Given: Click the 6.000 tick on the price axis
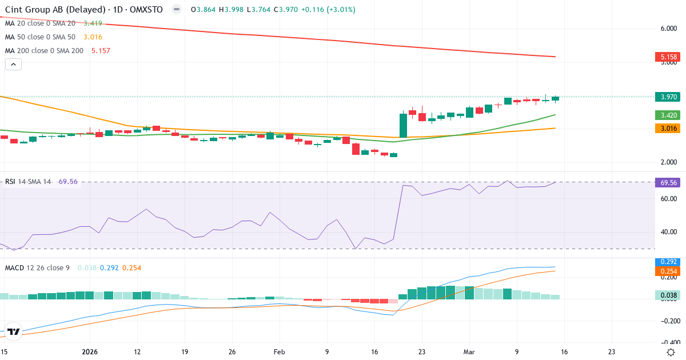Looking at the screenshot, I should tap(669, 28).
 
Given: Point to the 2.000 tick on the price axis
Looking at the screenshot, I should tap(669, 162).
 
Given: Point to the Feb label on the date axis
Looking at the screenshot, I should tap(279, 352).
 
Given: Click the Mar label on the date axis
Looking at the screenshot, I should tap(469, 352).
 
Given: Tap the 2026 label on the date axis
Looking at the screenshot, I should tap(90, 352).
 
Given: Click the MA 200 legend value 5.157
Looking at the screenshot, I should tap(100, 51).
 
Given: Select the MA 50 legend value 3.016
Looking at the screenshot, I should tap(94, 37).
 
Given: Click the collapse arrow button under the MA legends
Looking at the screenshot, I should tap(13, 65).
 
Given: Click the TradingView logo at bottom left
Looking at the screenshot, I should tap(14, 331).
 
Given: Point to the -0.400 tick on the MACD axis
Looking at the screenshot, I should tap(669, 341).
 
